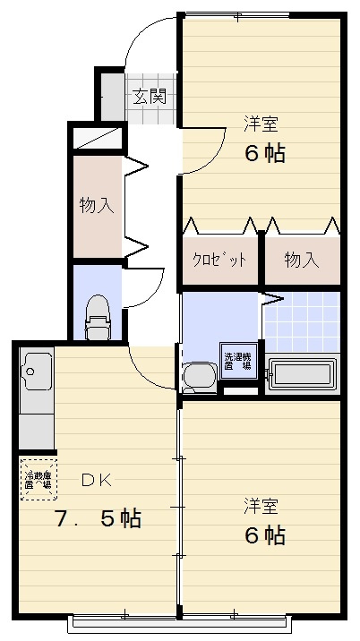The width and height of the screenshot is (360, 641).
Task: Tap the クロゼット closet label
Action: (220, 260)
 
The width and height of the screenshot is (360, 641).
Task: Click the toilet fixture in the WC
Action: (97, 320)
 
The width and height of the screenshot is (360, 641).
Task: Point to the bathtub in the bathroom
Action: (304, 374)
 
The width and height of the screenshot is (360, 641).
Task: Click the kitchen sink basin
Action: (37, 368)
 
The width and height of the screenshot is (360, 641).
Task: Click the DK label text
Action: (96, 480)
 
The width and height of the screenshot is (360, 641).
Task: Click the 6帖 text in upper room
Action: (265, 153)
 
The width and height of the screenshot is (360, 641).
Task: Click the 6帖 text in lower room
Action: (265, 535)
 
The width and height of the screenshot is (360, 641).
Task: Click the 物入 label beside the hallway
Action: (97, 205)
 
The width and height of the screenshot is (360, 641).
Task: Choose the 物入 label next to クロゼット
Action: (302, 260)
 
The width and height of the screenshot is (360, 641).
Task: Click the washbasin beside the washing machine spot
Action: (199, 375)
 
